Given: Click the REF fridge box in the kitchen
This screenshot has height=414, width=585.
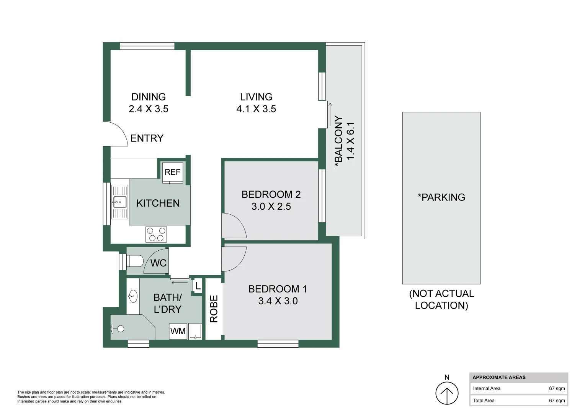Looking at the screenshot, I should click(x=172, y=172).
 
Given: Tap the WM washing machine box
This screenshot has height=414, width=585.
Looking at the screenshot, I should click(x=178, y=331).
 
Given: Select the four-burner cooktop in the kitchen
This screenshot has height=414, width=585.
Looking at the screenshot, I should click(x=156, y=234).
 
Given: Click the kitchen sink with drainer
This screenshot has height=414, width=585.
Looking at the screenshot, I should click(x=119, y=202).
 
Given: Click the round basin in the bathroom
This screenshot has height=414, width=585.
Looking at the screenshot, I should click(x=133, y=296).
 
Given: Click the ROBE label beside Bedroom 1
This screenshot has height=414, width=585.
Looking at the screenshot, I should click(x=214, y=309).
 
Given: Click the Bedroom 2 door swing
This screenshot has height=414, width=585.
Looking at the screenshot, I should click(x=233, y=226).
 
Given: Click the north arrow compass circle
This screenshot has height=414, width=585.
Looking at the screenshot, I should click(x=447, y=393).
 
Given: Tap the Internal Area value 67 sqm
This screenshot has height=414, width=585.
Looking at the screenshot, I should click(x=557, y=388).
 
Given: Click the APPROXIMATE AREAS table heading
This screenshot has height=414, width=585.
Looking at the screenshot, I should click(x=499, y=378).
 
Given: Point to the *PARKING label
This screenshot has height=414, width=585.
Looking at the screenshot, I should click(x=441, y=197).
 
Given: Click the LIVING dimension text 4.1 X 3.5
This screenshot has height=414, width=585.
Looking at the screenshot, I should click(x=256, y=109).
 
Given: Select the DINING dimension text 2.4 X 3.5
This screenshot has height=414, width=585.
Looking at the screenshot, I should click(x=149, y=109).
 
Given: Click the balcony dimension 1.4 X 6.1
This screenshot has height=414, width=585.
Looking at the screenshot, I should click(x=350, y=141).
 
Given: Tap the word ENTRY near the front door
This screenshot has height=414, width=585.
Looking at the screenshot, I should click(x=147, y=138).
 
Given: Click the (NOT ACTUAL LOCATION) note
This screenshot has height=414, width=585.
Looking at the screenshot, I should click(x=441, y=299).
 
